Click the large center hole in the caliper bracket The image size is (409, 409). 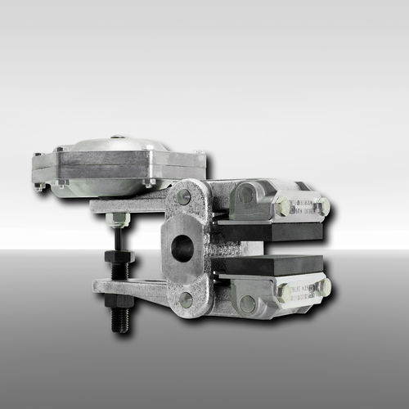182,247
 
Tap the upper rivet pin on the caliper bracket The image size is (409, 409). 184,197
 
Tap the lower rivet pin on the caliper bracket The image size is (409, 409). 186,299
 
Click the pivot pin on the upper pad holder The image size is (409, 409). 246,195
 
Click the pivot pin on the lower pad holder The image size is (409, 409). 247,304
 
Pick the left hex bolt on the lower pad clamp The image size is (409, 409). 285,292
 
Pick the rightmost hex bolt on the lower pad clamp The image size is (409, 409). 325,288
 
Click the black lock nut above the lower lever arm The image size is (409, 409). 119,258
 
